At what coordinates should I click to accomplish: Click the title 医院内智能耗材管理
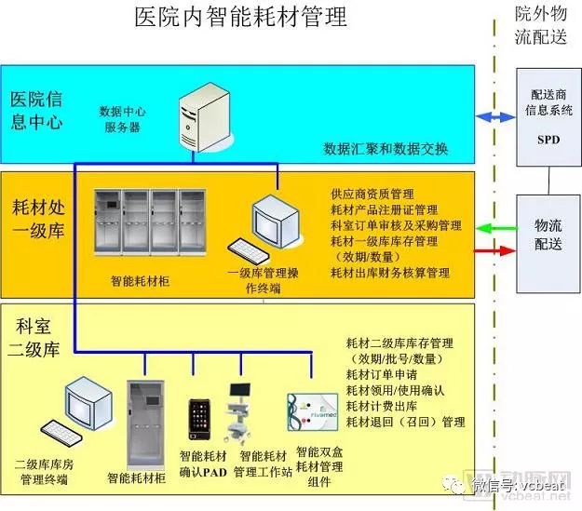(x=240, y=18)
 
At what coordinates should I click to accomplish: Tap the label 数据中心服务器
(x=122, y=118)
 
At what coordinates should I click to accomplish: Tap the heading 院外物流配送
(x=546, y=25)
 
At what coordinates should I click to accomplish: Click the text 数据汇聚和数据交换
(x=386, y=148)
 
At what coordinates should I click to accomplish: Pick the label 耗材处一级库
(x=38, y=216)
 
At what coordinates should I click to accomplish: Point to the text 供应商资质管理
(x=372, y=195)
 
